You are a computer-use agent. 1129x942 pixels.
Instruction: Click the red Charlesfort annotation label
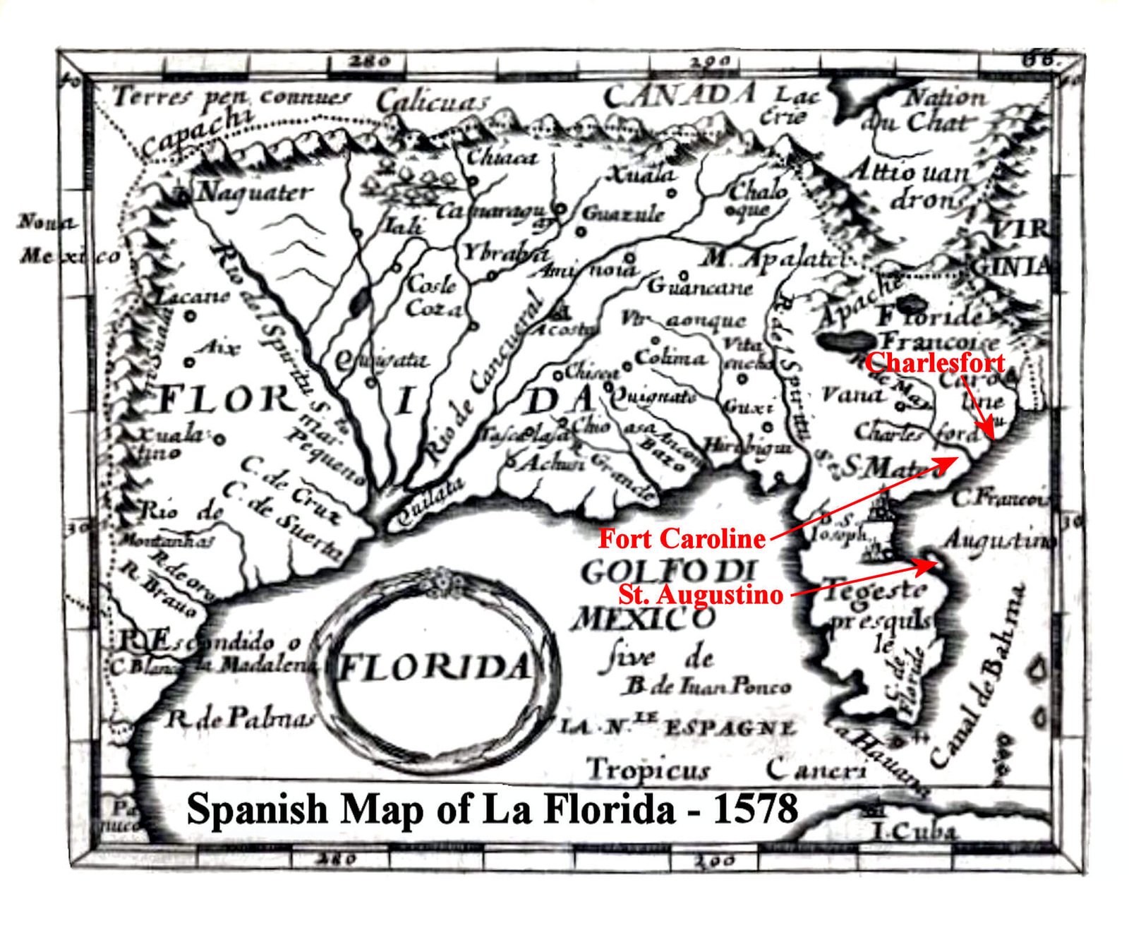coord(935,363)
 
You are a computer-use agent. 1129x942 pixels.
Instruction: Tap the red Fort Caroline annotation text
coord(682,539)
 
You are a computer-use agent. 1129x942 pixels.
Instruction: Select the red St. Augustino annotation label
coord(701,594)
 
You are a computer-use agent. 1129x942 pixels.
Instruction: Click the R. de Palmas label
coord(239,719)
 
